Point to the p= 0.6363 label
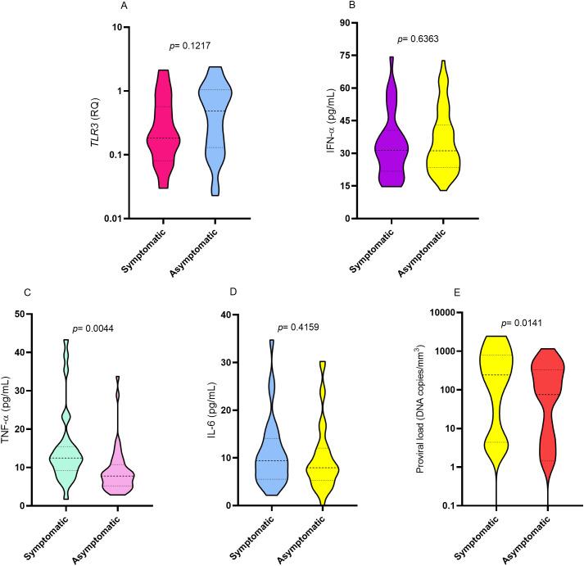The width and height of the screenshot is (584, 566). (x=417, y=38)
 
